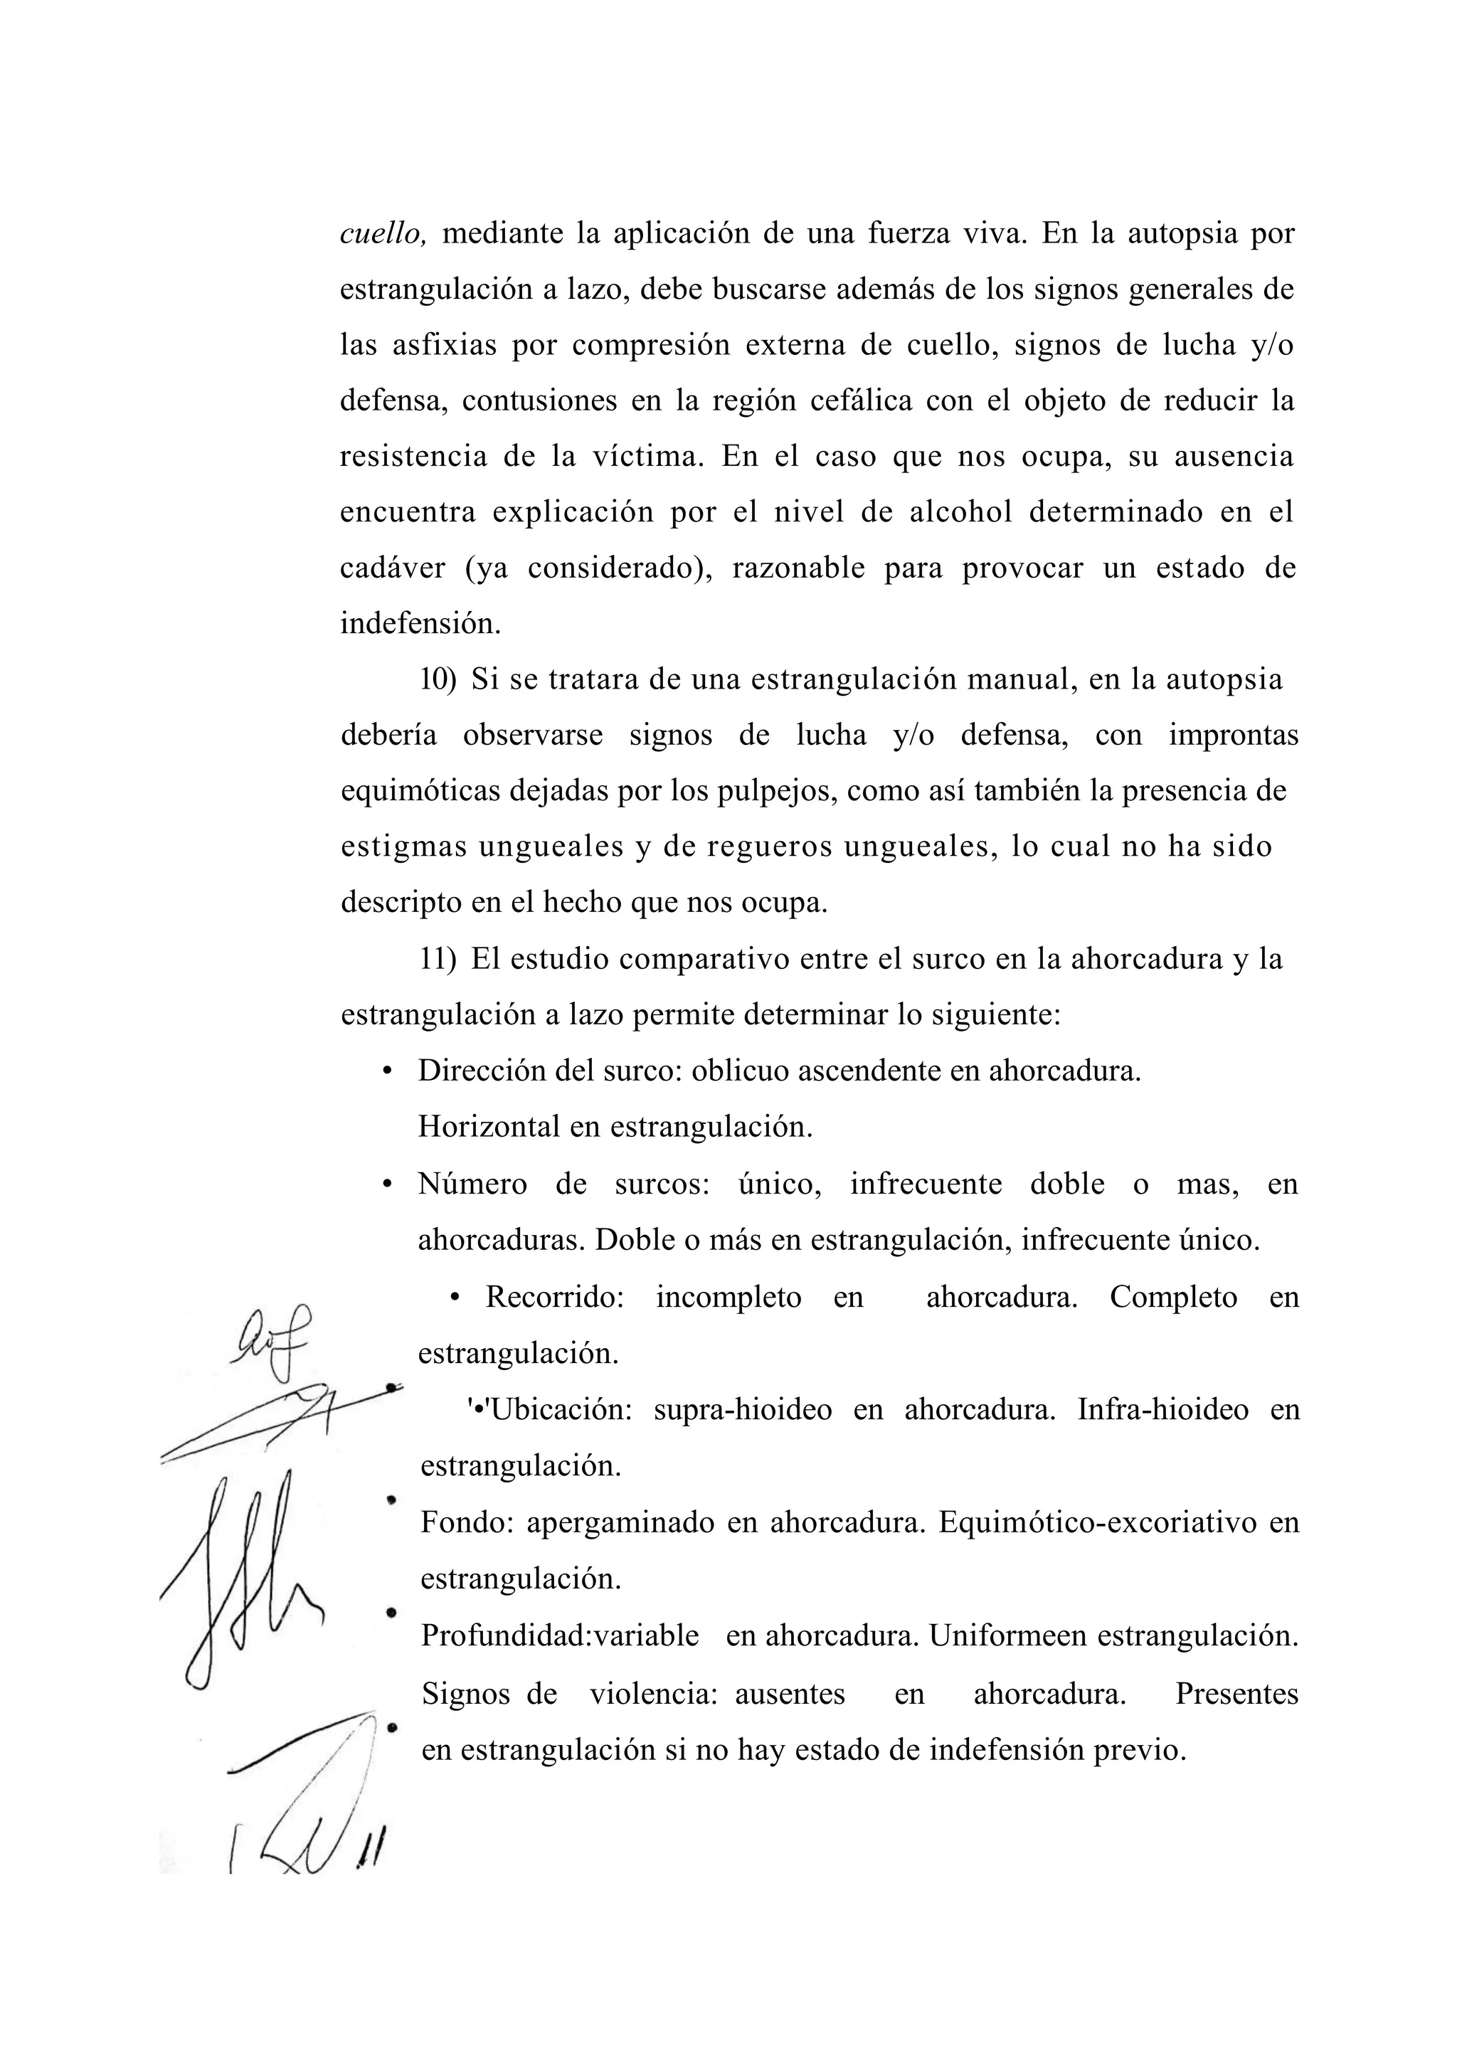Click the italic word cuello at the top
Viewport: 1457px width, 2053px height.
[x=381, y=234]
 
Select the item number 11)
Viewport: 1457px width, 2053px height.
[x=438, y=959]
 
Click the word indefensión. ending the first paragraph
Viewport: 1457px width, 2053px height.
[x=420, y=623]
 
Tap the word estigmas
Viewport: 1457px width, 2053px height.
[x=402, y=847]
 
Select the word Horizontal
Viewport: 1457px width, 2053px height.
[x=489, y=1127]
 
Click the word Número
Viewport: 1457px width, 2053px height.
[x=472, y=1184]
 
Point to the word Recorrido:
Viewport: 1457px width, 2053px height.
[x=554, y=1297]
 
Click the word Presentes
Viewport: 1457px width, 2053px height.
[x=1236, y=1693]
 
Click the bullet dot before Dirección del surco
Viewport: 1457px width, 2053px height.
[x=388, y=1072]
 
